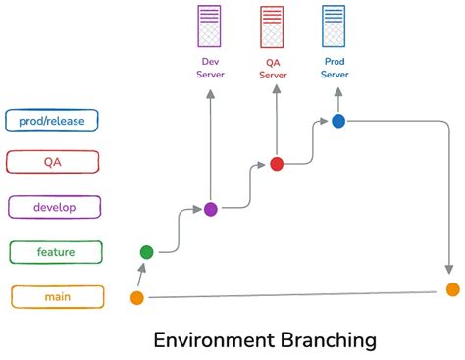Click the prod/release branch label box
[52, 120]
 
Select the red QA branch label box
[52, 163]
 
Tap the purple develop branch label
[55, 207]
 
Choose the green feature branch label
[56, 252]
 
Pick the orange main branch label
[56, 296]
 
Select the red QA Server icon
[272, 26]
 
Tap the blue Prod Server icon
[335, 26]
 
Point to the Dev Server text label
[210, 67]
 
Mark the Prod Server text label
[335, 67]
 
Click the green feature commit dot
[147, 252]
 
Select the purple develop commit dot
[210, 209]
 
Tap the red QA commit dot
[277, 164]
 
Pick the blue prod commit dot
[338, 121]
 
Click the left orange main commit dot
[137, 297]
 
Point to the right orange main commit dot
[452, 289]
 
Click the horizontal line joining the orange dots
[294, 293]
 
